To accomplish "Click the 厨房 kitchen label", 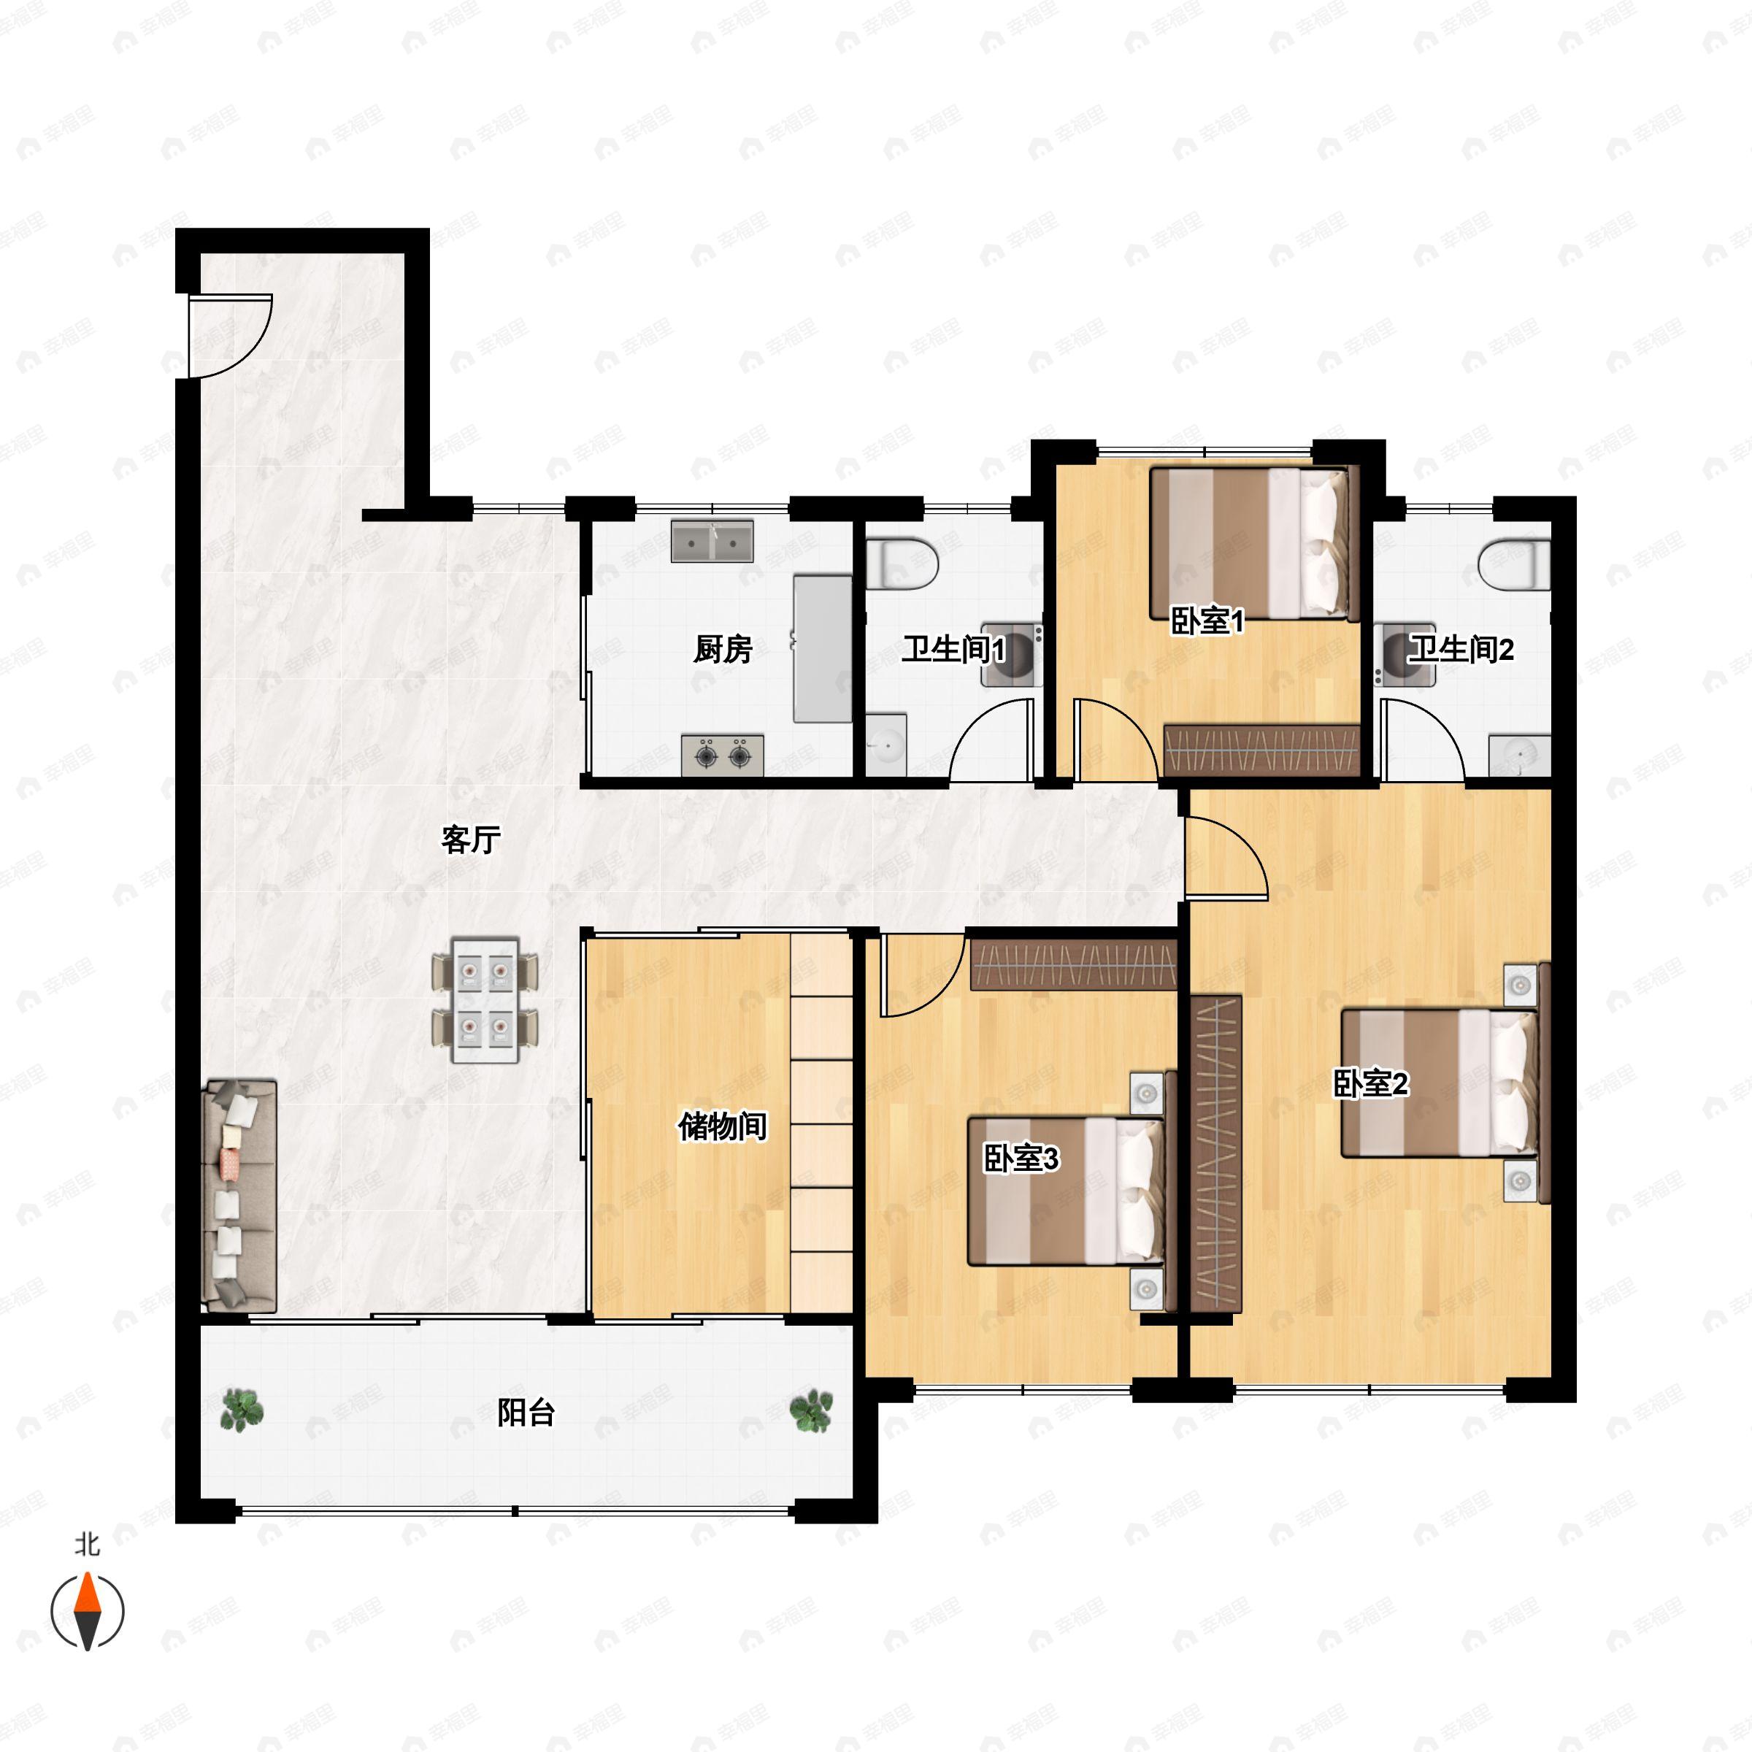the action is pos(723,649).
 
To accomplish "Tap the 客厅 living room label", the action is pos(471,839).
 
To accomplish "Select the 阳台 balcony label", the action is pos(526,1412).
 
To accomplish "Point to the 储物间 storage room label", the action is pos(723,1126).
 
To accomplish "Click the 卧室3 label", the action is pos(1021,1158).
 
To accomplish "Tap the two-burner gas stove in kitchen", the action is pos(722,755).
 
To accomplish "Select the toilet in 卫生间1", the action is pos(902,564).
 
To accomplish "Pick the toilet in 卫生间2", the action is pos(1515,564).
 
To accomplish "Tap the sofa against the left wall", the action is pos(239,1195).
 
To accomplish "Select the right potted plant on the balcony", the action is pos(811,1411).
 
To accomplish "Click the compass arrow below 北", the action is pos(87,1611).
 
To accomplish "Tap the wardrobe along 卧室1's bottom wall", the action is pos(1261,750).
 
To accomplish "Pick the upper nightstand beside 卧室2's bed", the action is pos(1521,985).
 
